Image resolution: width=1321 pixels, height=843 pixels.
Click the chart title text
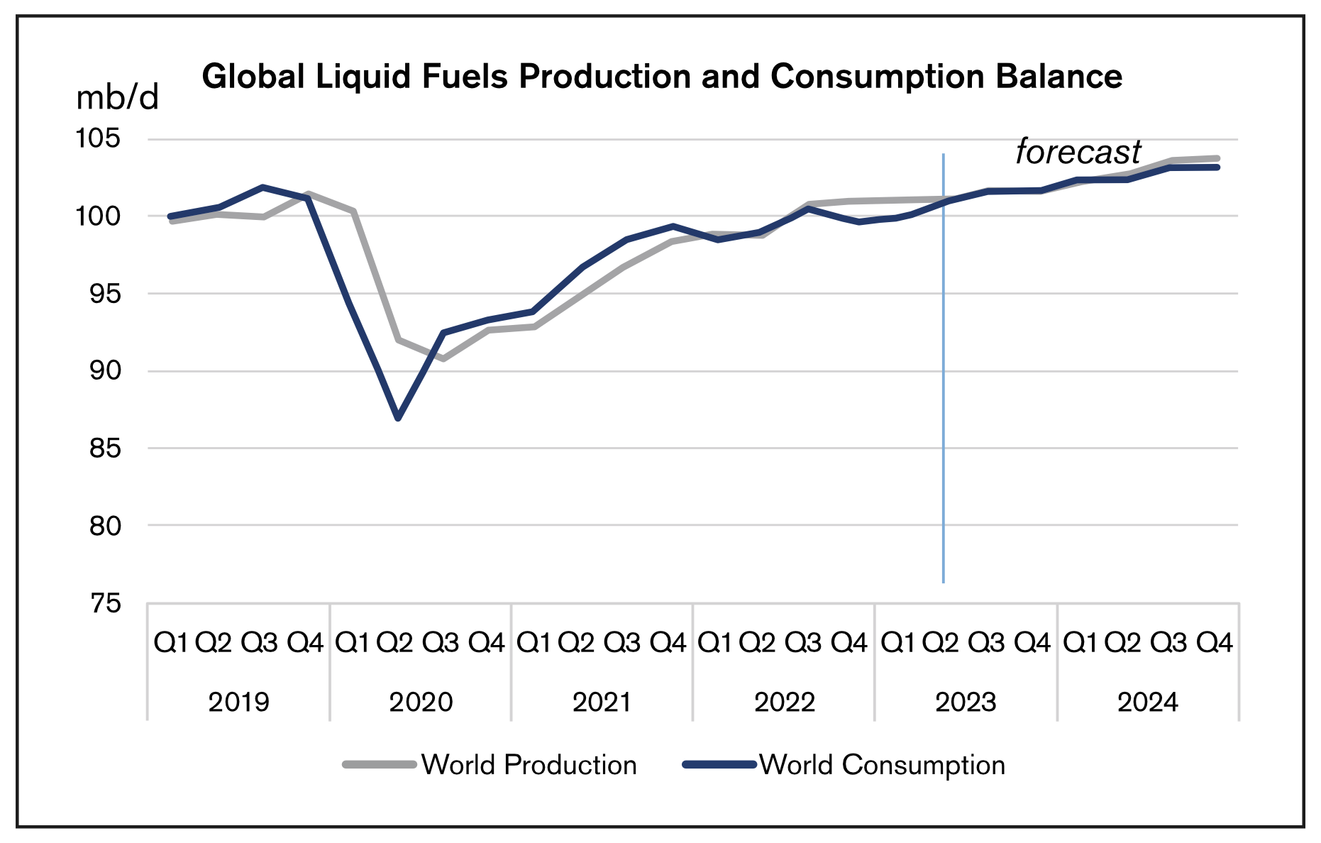[x=661, y=77]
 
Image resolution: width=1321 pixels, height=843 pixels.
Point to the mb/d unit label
[x=117, y=99]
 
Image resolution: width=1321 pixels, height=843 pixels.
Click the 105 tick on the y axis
[x=98, y=138]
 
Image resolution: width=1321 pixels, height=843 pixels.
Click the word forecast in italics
[x=1078, y=152]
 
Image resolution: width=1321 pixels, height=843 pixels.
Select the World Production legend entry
[x=490, y=765]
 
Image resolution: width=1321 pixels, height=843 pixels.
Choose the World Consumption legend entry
[x=844, y=765]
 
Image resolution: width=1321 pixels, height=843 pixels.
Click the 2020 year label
[x=421, y=702]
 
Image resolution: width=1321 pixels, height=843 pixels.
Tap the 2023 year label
[x=966, y=702]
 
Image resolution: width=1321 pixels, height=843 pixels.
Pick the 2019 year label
[x=238, y=702]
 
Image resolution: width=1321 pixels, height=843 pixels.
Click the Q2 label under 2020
[x=394, y=643]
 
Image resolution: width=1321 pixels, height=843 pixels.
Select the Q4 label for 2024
[x=1215, y=643]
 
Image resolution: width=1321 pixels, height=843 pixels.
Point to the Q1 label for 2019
[x=171, y=643]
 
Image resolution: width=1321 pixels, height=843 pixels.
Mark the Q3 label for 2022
[x=803, y=643]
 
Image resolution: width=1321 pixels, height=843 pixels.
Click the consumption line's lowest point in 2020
[x=398, y=418]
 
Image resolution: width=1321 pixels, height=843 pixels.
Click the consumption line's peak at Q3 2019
[x=263, y=187]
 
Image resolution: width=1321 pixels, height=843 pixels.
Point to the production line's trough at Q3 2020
[x=443, y=359]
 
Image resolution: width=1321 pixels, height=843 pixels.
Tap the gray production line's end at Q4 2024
[x=1217, y=158]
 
